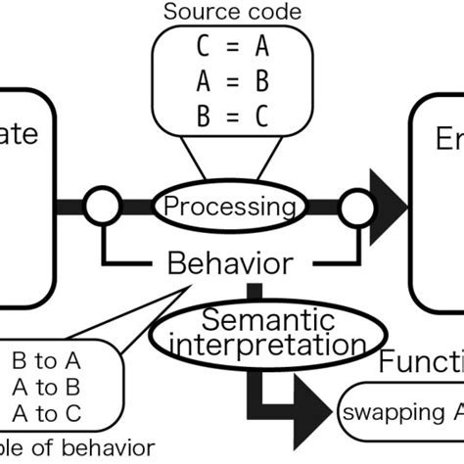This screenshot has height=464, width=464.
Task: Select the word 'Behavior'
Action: (228, 262)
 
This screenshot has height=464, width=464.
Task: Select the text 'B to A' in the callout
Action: (47, 358)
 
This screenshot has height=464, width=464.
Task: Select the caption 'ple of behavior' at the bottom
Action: (76, 448)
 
